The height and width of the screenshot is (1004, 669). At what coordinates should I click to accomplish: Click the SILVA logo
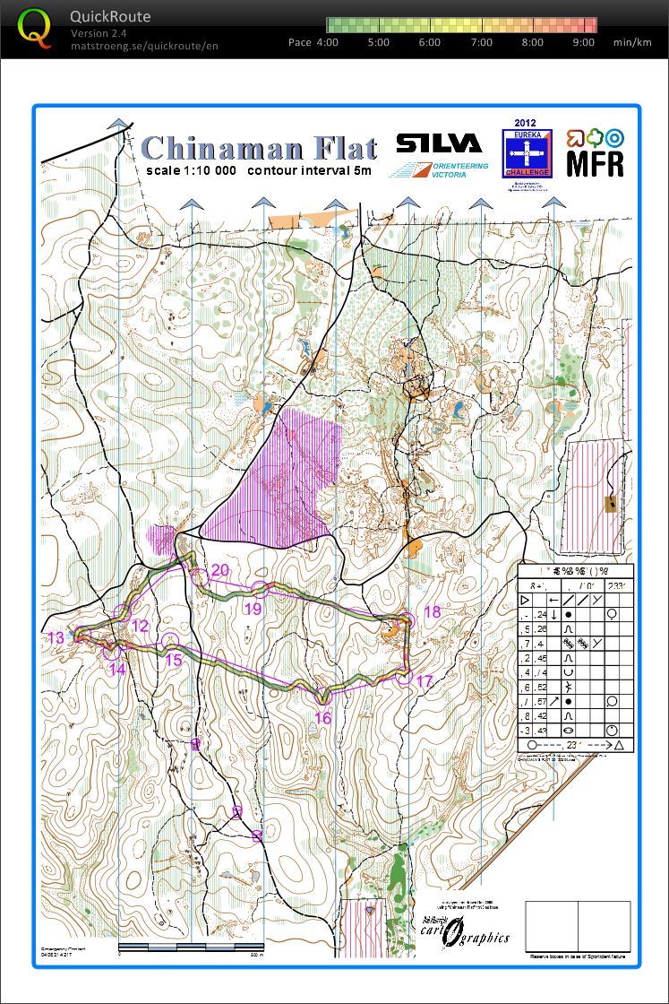(x=439, y=144)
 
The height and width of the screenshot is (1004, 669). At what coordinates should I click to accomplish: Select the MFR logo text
(x=596, y=163)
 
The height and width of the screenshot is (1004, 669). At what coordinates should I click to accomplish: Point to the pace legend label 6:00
(x=429, y=42)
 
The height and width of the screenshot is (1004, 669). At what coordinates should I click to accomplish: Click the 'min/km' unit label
(x=633, y=42)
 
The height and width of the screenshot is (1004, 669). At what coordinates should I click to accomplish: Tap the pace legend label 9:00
(x=583, y=42)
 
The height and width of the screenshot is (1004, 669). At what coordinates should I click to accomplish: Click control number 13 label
(x=56, y=637)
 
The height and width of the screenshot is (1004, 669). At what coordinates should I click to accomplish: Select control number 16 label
(x=323, y=717)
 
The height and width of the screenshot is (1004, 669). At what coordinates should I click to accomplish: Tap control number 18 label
(x=432, y=612)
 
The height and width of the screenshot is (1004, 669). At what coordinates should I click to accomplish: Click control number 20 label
(x=220, y=571)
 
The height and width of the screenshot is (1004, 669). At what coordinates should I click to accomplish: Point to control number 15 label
(x=174, y=660)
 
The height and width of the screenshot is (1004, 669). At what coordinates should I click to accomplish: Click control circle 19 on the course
(x=260, y=589)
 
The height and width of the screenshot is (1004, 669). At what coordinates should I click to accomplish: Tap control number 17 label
(x=425, y=681)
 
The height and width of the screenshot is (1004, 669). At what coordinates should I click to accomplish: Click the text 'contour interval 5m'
(x=310, y=170)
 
